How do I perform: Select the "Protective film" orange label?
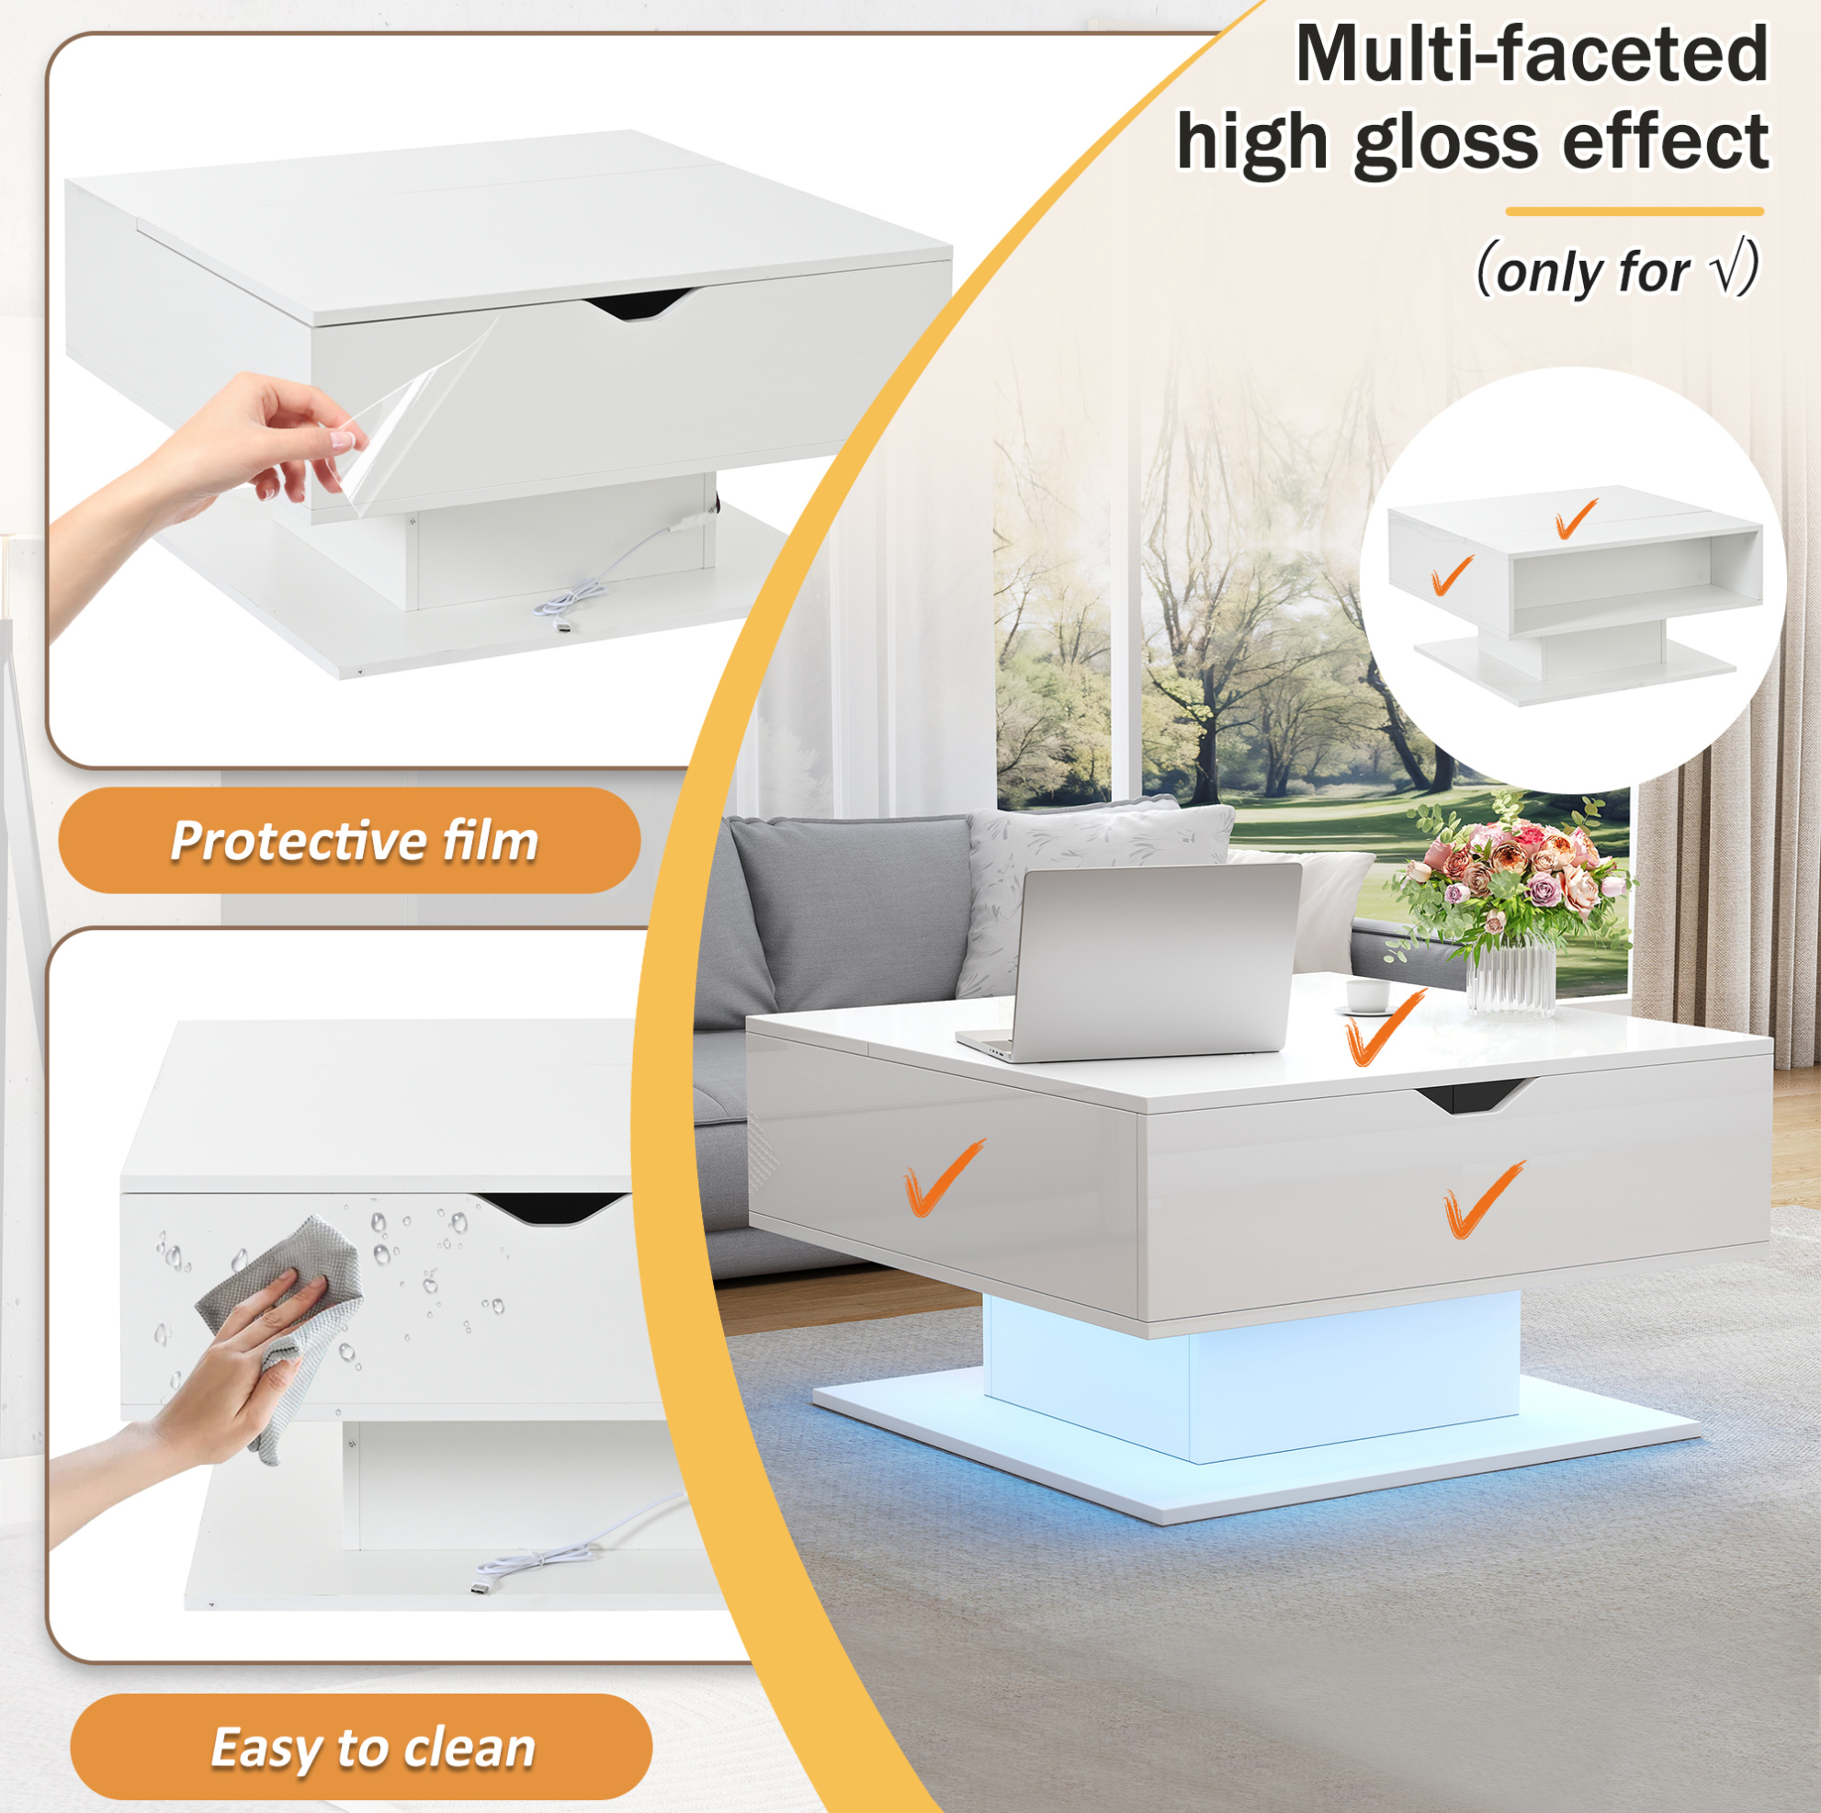(350, 840)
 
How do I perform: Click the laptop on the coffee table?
(1131, 964)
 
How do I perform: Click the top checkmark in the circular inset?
(1576, 518)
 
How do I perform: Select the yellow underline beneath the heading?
(1634, 211)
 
